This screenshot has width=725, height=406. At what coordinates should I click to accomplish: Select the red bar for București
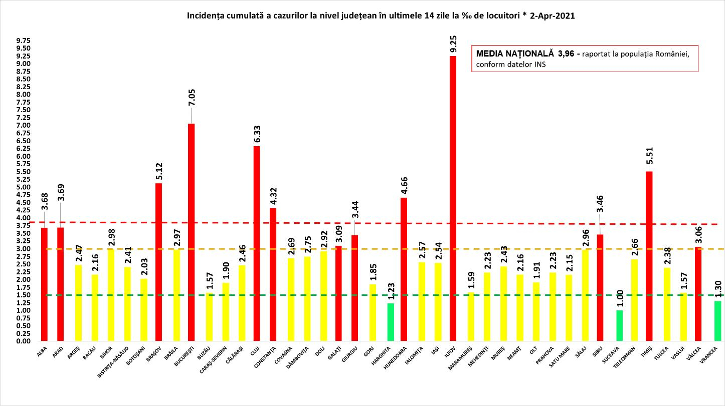click(191, 232)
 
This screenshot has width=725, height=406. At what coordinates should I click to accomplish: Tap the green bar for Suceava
click(620, 326)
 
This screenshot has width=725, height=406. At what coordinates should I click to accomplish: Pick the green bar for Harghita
click(390, 322)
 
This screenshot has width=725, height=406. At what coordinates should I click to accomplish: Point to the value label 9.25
click(453, 44)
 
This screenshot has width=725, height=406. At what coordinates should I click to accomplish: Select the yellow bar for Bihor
click(110, 295)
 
